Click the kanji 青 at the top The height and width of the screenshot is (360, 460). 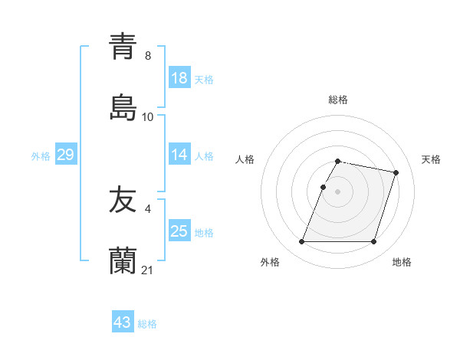(123, 46)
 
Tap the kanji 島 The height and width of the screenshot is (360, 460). (123, 108)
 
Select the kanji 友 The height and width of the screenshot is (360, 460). (123, 201)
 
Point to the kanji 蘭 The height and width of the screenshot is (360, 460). (123, 261)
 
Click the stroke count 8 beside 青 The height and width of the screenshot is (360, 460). (147, 55)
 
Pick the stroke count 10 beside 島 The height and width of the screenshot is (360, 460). (148, 117)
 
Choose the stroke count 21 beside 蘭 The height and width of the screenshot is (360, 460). (148, 270)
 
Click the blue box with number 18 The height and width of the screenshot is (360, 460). (179, 79)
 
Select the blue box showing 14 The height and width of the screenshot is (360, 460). (179, 155)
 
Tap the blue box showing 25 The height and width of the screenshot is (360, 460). (179, 232)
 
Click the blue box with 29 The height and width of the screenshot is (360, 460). (65, 155)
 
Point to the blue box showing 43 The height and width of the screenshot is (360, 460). (123, 323)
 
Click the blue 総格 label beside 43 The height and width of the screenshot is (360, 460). (147, 324)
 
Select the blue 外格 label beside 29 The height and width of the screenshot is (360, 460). (41, 156)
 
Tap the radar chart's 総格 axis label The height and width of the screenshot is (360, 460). (338, 100)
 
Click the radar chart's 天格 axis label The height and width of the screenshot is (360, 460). (431, 159)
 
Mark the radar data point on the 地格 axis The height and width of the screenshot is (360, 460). (373, 242)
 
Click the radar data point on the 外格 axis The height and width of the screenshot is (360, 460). (302, 242)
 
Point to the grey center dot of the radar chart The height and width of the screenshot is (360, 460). (338, 191)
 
